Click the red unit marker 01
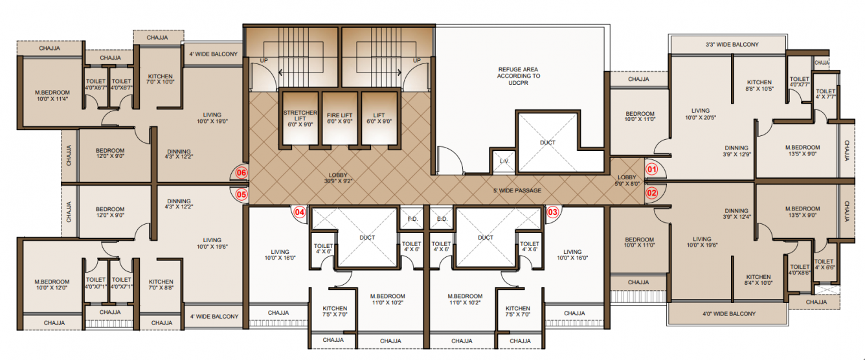coord(652,170)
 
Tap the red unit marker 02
coord(652,192)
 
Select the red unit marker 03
coord(552,211)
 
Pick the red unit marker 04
coord(300,211)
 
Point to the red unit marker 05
coord(242,193)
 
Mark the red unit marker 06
coord(242,173)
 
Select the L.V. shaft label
coord(504,161)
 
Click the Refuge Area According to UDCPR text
coord(519,76)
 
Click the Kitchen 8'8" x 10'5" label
coord(758,85)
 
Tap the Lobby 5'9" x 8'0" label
coord(627,180)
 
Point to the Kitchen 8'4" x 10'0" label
coord(758,280)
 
